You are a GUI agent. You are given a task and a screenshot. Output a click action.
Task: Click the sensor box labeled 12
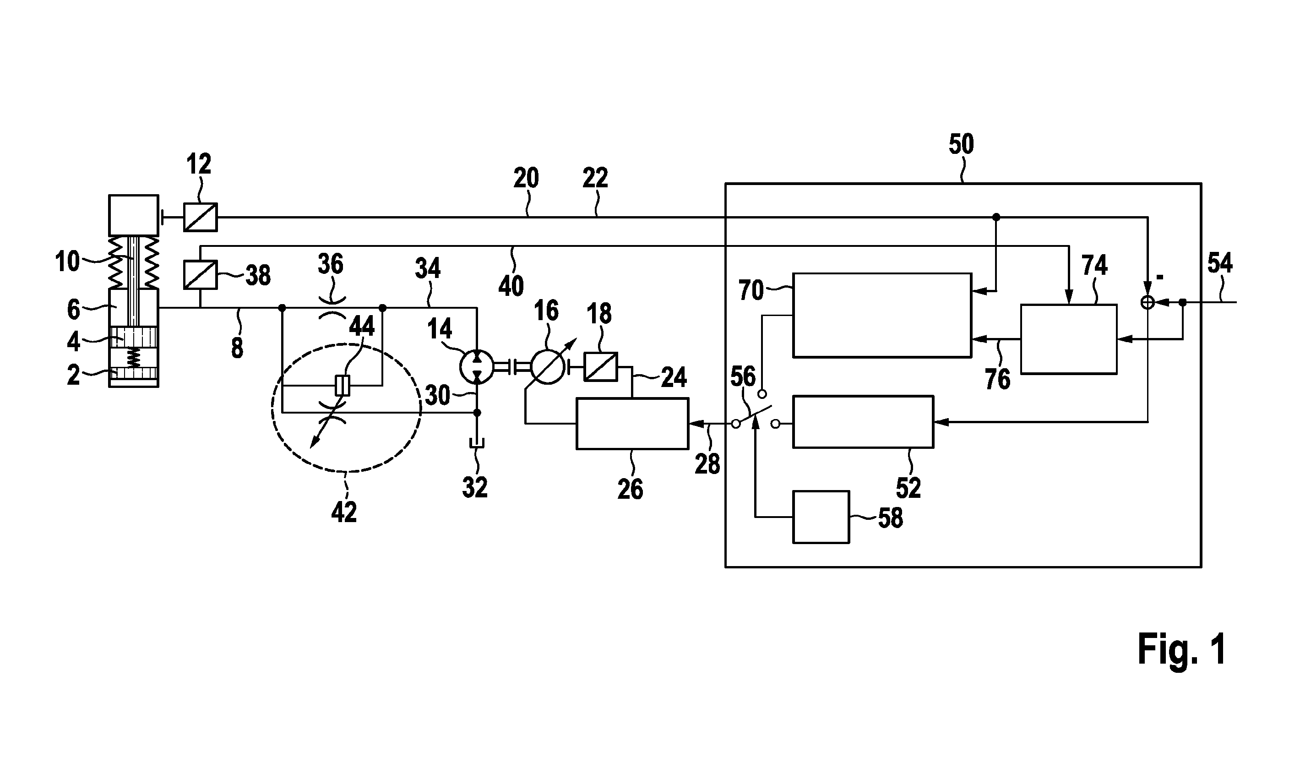click(200, 217)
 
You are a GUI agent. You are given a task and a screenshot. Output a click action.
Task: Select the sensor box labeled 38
click(200, 275)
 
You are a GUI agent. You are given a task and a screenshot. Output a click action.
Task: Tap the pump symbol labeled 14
click(477, 368)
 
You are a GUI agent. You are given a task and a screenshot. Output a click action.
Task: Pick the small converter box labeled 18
click(601, 367)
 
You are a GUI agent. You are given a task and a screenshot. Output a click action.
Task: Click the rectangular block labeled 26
click(632, 424)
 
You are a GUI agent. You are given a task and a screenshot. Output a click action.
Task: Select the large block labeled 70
click(882, 315)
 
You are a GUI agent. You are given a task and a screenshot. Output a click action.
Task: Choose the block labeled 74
click(1068, 339)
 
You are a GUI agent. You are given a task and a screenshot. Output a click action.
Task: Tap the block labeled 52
click(863, 422)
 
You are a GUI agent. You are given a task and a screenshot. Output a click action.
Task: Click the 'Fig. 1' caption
click(1181, 650)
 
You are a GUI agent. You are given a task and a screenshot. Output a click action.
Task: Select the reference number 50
click(961, 144)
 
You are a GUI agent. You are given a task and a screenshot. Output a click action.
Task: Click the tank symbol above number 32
click(477, 443)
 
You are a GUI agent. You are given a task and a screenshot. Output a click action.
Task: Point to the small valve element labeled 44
click(342, 386)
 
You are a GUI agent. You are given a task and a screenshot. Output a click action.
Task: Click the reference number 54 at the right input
click(1220, 263)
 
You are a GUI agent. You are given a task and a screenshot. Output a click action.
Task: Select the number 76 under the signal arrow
click(998, 379)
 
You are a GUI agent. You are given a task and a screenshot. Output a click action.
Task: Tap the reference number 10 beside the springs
click(67, 262)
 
